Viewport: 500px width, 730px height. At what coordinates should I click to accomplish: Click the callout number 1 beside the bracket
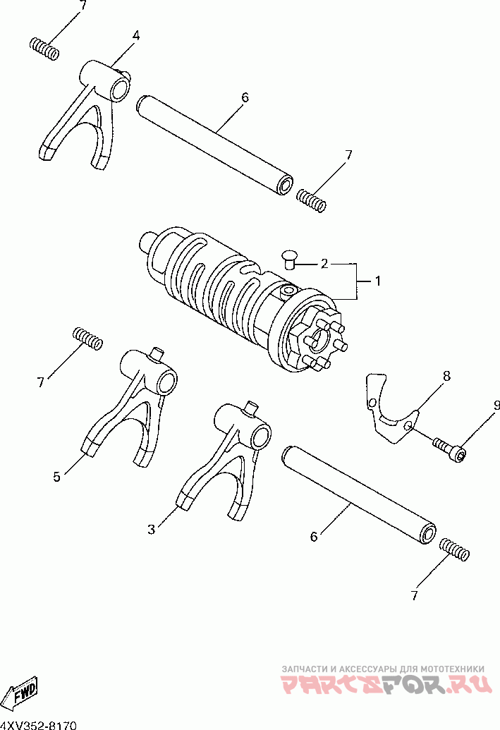pyautogui.click(x=377, y=281)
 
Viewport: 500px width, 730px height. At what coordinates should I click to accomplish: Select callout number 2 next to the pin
pyautogui.click(x=324, y=264)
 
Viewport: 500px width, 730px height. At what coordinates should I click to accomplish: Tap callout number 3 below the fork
pyautogui.click(x=151, y=530)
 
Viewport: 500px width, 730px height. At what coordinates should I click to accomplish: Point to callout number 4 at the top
pyautogui.click(x=136, y=35)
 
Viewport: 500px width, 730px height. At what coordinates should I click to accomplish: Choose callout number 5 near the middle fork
pyautogui.click(x=56, y=477)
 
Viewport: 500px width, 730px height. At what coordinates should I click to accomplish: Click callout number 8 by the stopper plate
pyautogui.click(x=446, y=376)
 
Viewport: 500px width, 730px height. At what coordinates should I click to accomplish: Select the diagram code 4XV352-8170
pyautogui.click(x=37, y=725)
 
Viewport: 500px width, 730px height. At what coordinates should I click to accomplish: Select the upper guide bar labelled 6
pyautogui.click(x=215, y=145)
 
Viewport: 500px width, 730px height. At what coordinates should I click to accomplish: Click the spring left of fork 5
pyautogui.click(x=88, y=338)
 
